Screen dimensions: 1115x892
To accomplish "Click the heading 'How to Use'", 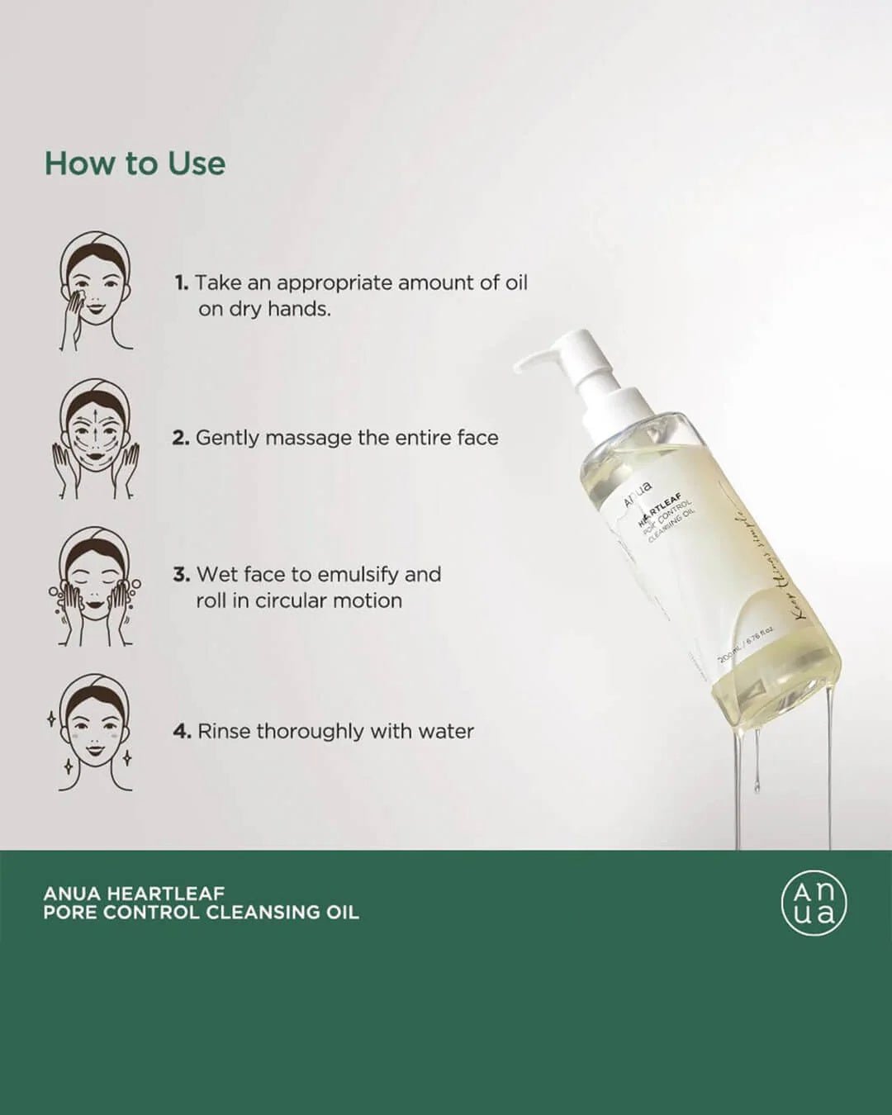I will (x=135, y=164).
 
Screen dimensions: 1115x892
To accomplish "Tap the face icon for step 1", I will (x=96, y=291).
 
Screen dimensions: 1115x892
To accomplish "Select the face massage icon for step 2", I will (x=96, y=439).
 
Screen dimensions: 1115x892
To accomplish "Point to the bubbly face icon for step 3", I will (x=96, y=587).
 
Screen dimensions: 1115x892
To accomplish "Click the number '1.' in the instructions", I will (x=182, y=283).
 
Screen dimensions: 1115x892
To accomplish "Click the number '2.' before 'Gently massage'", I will (x=181, y=439).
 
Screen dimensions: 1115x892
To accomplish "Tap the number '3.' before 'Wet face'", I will (x=182, y=575).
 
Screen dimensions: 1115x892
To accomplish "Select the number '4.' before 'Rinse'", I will (x=183, y=732).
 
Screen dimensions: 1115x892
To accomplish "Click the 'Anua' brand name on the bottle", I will (x=638, y=494).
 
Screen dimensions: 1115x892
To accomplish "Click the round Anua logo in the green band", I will (x=814, y=903).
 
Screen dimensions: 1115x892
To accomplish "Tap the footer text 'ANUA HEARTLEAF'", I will (x=134, y=893).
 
